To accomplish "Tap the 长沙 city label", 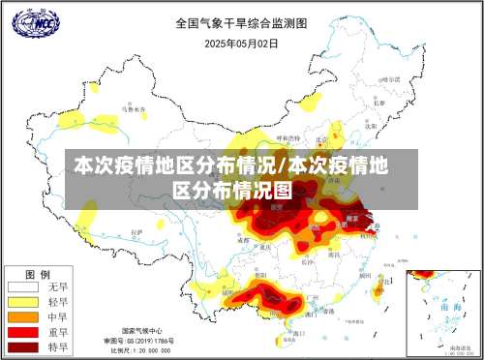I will point(308,259).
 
